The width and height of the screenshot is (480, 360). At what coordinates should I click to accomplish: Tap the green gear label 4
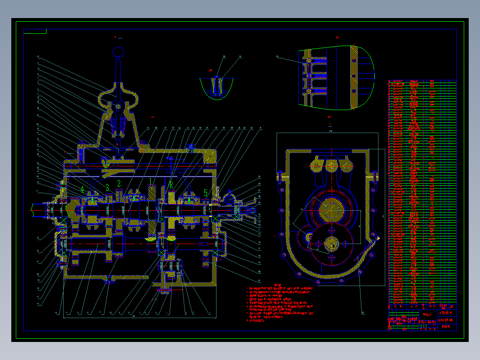[x=82, y=189]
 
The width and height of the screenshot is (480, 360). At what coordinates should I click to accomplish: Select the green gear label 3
[x=107, y=187]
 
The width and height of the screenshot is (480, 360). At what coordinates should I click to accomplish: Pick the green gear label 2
[x=119, y=183]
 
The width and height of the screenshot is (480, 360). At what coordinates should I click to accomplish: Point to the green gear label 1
[x=151, y=181]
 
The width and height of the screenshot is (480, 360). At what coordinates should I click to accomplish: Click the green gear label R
[x=171, y=185]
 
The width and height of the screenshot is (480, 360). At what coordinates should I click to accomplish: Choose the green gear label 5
[x=206, y=193]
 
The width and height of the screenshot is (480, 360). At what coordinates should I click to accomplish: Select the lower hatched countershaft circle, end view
[x=332, y=244]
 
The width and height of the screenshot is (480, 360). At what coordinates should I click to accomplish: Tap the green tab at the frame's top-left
[x=35, y=31]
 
